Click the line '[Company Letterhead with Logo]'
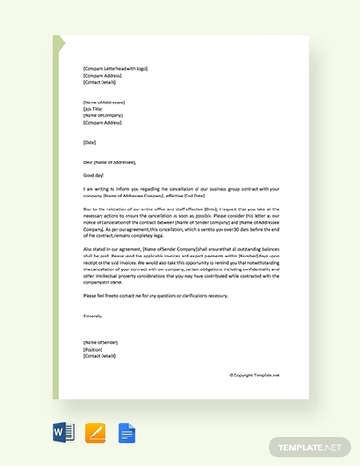114,68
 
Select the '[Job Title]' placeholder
93,108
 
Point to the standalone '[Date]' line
90,142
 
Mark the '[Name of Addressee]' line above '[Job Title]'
104,101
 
